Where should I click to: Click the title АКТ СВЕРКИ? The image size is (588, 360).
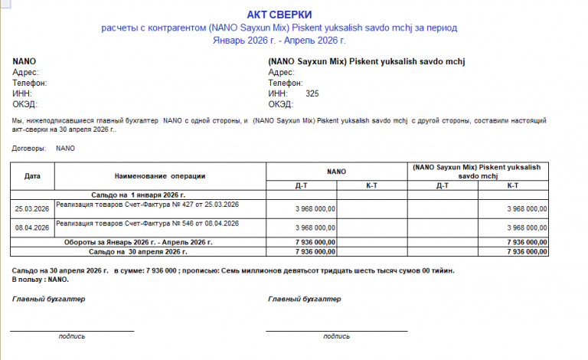(x=279, y=15)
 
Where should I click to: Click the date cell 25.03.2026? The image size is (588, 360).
(x=32, y=208)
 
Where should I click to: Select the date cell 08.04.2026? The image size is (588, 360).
(x=32, y=227)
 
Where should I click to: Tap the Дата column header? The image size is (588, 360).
(x=32, y=175)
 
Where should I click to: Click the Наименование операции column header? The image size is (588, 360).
(x=160, y=175)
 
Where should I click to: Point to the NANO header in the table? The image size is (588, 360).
(x=336, y=172)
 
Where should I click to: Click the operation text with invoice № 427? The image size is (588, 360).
(x=148, y=204)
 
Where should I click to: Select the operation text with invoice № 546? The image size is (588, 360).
(x=148, y=223)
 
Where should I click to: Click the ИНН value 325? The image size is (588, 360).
(x=312, y=93)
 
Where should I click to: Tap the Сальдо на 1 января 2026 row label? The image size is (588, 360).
(x=139, y=195)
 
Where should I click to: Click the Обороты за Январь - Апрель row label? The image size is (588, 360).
(x=138, y=242)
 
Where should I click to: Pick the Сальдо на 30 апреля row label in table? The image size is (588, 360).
(x=138, y=251)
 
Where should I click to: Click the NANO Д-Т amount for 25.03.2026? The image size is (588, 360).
(x=315, y=208)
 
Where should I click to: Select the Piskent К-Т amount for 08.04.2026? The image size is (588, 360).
(x=528, y=227)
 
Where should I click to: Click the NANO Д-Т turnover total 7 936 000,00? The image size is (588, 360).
(x=315, y=242)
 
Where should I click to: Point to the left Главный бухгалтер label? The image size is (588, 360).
(x=48, y=299)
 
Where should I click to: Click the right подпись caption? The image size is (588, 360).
(x=336, y=336)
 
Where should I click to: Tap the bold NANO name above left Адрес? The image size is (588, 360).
(x=24, y=61)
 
